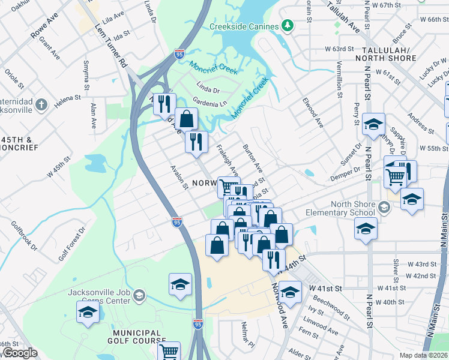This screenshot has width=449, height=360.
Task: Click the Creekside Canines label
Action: (x=244, y=26)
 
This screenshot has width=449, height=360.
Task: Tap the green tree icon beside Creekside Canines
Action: (x=288, y=26)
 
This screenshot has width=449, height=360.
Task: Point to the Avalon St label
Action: (x=179, y=178)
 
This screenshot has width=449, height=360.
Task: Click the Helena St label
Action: (x=69, y=97)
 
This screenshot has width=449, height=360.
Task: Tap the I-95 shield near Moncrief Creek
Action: (x=179, y=54)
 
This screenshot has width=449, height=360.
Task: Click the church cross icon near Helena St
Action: (x=41, y=106)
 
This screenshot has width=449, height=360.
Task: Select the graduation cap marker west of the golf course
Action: (x=88, y=312)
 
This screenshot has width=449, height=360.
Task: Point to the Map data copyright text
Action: (x=423, y=355)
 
